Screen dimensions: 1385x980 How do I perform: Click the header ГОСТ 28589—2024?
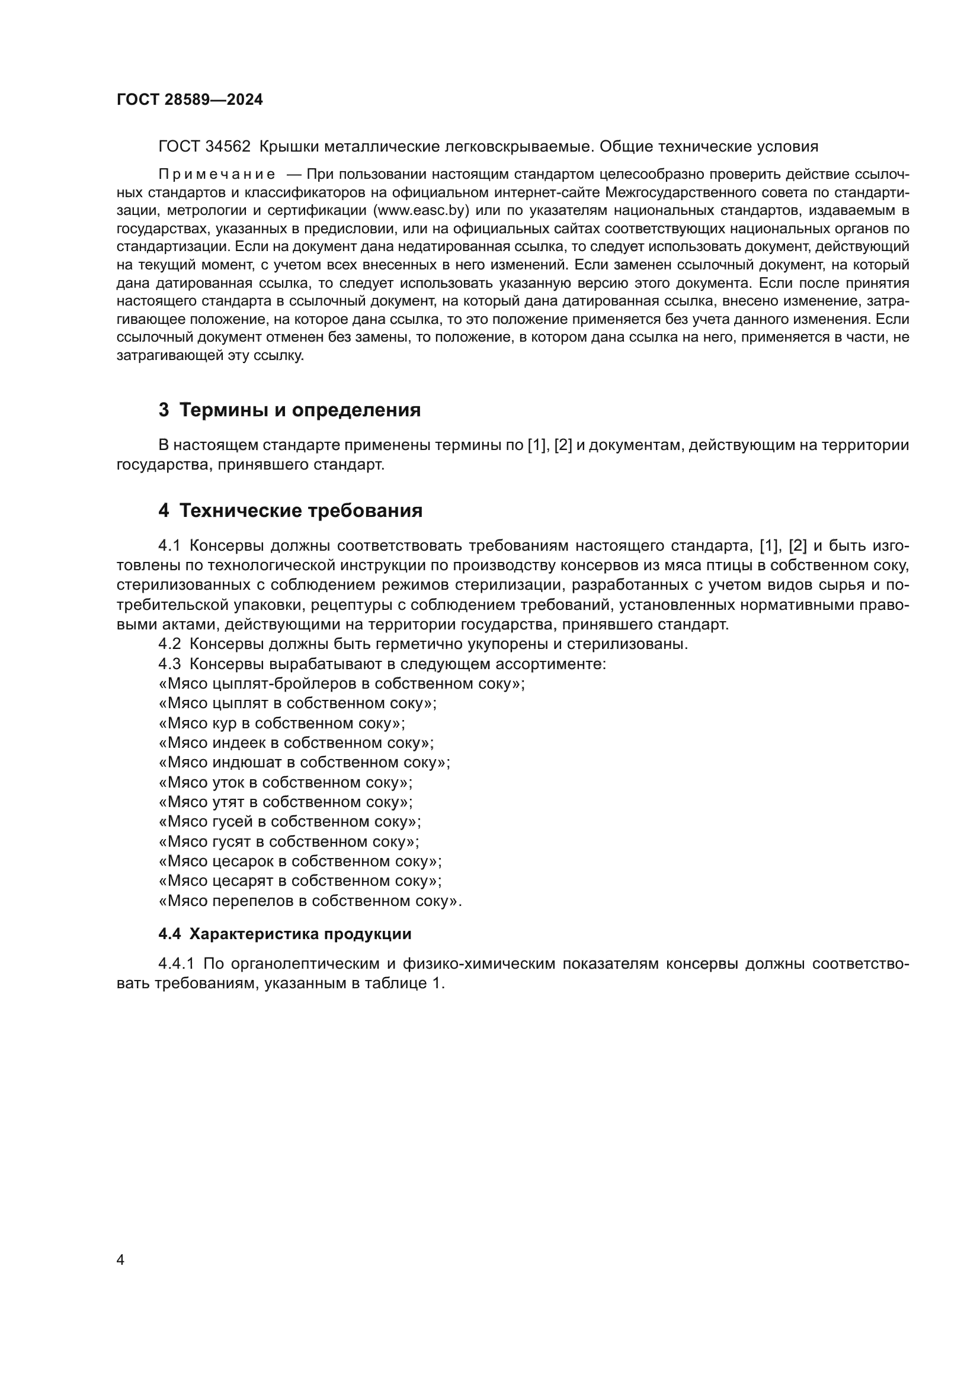(x=190, y=99)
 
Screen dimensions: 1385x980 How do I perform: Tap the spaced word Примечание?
(x=217, y=175)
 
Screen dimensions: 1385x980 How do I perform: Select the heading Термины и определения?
(x=300, y=410)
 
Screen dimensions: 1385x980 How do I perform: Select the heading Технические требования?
(x=301, y=511)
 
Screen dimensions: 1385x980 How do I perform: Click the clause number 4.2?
(x=169, y=644)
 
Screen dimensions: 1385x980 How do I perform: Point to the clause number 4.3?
(x=169, y=664)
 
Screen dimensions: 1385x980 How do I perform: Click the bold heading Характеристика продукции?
(x=300, y=934)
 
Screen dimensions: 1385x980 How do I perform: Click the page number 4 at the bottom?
(x=120, y=1259)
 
